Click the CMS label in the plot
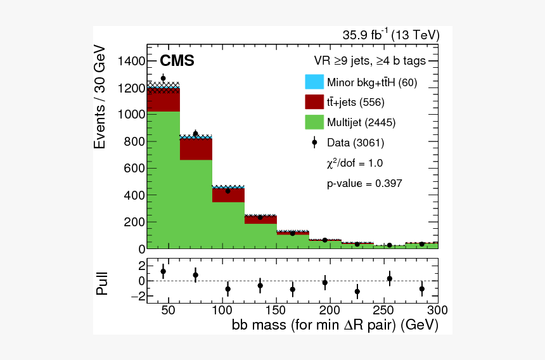click(177, 61)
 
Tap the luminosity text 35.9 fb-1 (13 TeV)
click(391, 35)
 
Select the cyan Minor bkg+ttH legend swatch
click(314, 82)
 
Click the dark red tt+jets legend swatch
click(314, 102)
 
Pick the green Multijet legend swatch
click(314, 122)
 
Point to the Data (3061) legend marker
click(314, 143)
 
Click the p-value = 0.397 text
click(364, 183)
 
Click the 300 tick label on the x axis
click(437, 311)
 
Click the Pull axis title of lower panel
click(102, 283)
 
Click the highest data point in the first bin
click(163, 79)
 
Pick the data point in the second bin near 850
click(195, 134)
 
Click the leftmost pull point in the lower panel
click(163, 271)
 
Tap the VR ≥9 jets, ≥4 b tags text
click(369, 61)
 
